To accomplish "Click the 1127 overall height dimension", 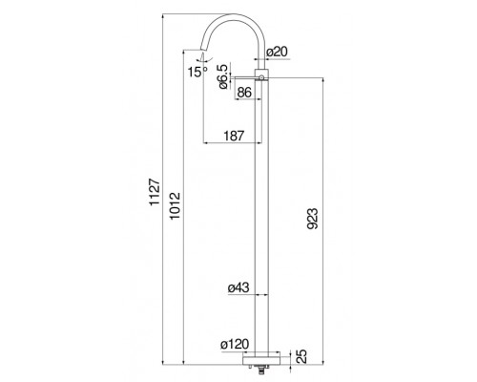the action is pyautogui.click(x=155, y=192).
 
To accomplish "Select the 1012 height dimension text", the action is pyautogui.click(x=175, y=205).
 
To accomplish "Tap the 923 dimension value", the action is pyautogui.click(x=312, y=219).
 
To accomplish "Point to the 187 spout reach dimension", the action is pyautogui.click(x=234, y=136).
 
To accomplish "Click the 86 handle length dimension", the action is pyautogui.click(x=244, y=93).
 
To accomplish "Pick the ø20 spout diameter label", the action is pyautogui.click(x=277, y=52).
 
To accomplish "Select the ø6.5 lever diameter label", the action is pyautogui.click(x=222, y=76).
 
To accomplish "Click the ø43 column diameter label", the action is pyautogui.click(x=238, y=287).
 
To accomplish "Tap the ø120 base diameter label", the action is pyautogui.click(x=235, y=344).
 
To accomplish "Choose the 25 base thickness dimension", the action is pyautogui.click(x=302, y=356).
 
